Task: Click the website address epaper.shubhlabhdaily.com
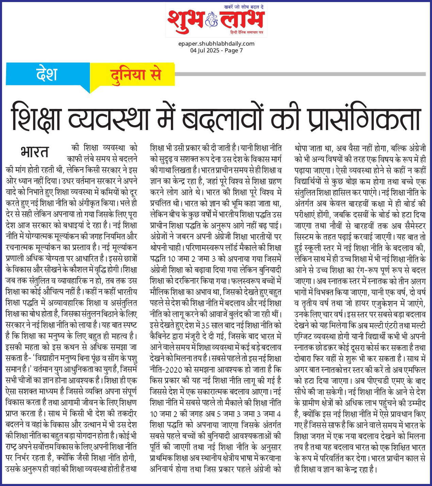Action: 216,44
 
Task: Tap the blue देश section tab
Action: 47,74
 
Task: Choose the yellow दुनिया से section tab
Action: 135,75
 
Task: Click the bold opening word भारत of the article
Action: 34,152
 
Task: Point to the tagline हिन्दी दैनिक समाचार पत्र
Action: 246,32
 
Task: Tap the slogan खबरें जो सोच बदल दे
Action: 244,7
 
